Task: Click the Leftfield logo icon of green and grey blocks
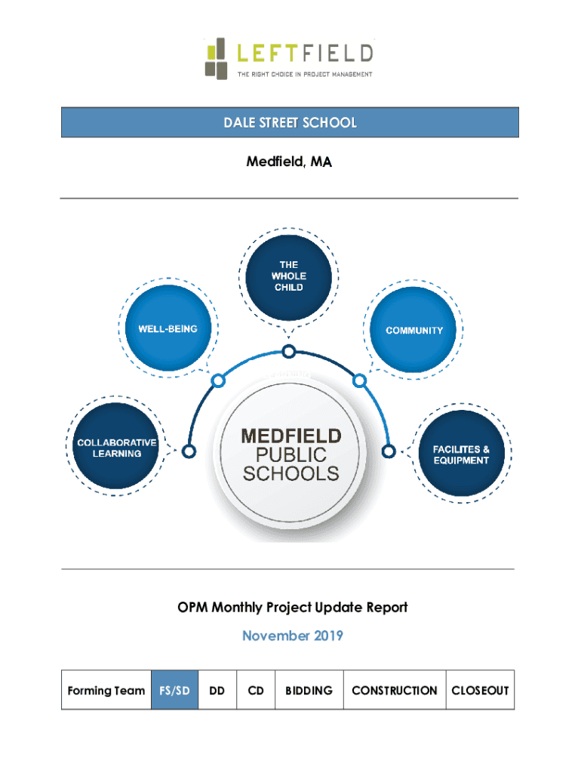coord(217,57)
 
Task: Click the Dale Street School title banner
coord(290,122)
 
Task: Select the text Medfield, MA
coord(290,162)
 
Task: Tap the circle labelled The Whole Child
coord(289,276)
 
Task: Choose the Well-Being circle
coord(167,329)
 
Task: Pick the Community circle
coord(414,331)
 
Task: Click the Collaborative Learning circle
coord(117,448)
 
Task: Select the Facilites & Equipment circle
coord(461,454)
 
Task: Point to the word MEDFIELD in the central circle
coord(290,436)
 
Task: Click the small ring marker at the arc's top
coord(288,350)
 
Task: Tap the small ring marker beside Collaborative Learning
coord(189,451)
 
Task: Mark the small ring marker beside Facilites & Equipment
coord(389,451)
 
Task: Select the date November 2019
coord(293,636)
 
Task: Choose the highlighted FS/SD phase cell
coord(174,690)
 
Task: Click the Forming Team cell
coord(106,690)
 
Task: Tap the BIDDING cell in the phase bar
coord(309,690)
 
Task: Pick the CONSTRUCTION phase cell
coord(394,690)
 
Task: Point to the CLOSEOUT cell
coord(480,690)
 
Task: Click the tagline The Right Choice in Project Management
coord(305,74)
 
